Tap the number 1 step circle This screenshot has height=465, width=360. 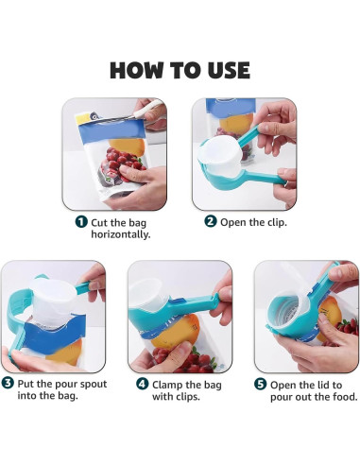pyautogui.click(x=83, y=221)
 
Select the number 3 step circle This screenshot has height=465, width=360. pyautogui.click(x=8, y=383)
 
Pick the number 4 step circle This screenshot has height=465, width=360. pyautogui.click(x=142, y=383)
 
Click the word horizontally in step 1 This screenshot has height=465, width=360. pyautogui.click(x=121, y=234)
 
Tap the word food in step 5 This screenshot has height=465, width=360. pyautogui.click(x=341, y=397)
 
